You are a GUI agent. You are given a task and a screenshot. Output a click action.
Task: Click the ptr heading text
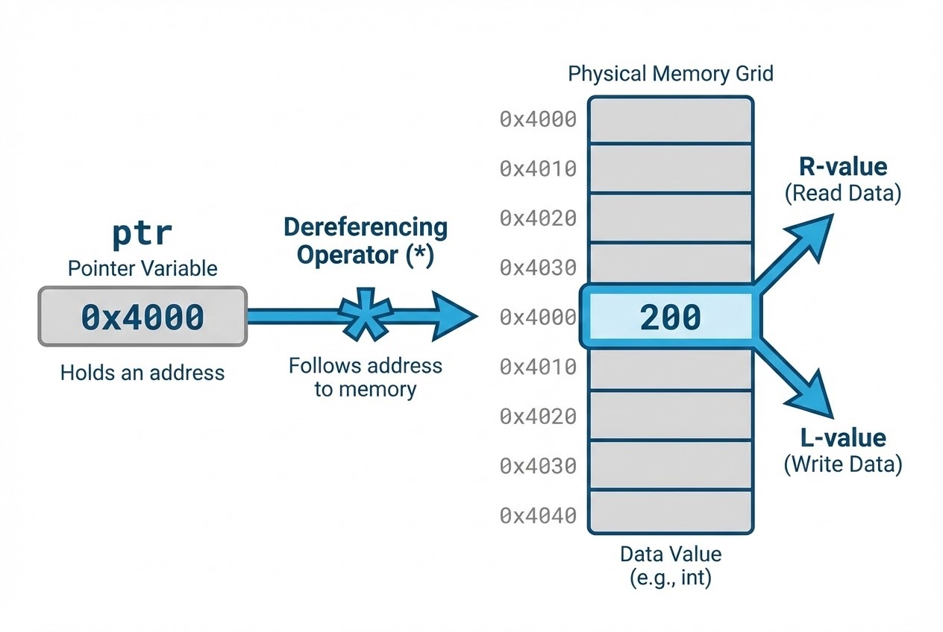(x=142, y=234)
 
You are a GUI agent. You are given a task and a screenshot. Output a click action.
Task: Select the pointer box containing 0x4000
(x=142, y=317)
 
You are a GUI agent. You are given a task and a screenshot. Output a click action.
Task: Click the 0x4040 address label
(x=538, y=515)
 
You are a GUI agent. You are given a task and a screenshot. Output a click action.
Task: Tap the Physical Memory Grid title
(x=670, y=74)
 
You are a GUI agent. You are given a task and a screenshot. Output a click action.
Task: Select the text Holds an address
(x=142, y=372)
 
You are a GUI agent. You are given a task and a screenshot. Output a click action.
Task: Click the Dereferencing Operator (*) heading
(x=365, y=241)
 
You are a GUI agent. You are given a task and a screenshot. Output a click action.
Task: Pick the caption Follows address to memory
(x=365, y=377)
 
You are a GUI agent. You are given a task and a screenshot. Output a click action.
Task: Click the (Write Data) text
(x=842, y=465)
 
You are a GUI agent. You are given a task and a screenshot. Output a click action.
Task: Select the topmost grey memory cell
(x=670, y=119)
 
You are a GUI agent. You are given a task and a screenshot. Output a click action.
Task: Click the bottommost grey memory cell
(x=670, y=512)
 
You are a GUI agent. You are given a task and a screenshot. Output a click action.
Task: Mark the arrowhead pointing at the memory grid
(x=455, y=317)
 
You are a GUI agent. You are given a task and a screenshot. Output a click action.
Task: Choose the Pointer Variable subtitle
(x=142, y=268)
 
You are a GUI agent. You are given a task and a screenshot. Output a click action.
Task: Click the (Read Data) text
(x=842, y=194)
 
